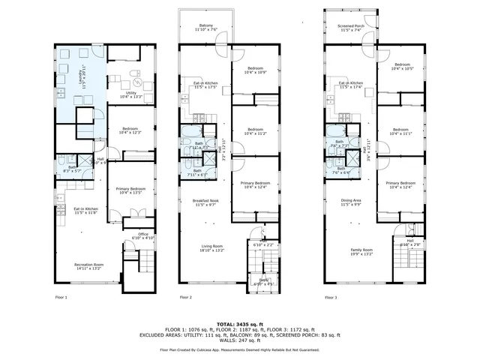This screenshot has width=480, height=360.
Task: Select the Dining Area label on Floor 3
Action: click(351, 202)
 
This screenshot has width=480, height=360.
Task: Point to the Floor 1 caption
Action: click(61, 298)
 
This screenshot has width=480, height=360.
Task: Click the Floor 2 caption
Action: click(186, 298)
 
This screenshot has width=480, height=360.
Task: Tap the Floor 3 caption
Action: click(331, 298)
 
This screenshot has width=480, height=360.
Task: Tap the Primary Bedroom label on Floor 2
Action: click(255, 185)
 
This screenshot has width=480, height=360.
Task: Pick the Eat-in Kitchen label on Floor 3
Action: click(351, 85)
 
